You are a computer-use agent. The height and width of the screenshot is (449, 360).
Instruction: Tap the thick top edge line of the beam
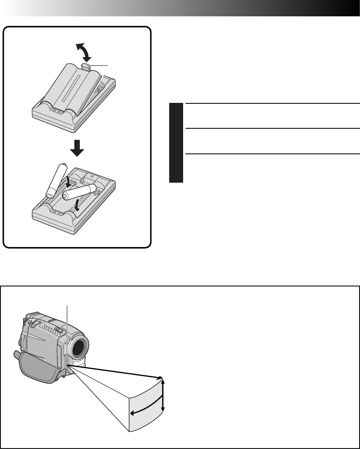click(120, 372)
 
